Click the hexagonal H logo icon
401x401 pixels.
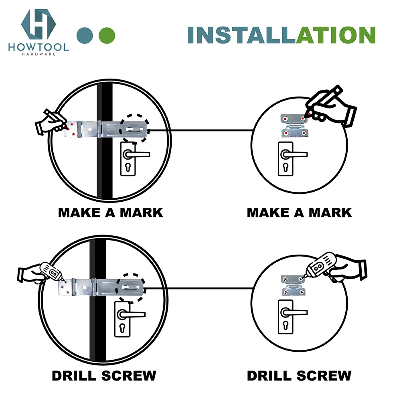pyautogui.click(x=38, y=24)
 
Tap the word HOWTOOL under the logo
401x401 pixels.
pyautogui.click(x=38, y=47)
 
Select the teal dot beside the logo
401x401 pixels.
pyautogui.click(x=85, y=35)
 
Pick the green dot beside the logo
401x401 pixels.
pyautogui.click(x=107, y=35)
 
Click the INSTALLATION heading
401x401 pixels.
pyautogui.click(x=282, y=35)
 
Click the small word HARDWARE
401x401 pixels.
pyautogui.click(x=38, y=54)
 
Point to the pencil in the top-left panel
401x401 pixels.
pyautogui.click(x=55, y=119)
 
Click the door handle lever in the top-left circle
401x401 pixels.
pyautogui.click(x=136, y=154)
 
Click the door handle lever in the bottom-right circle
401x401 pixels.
pyautogui.click(x=294, y=312)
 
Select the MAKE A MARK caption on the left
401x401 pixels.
pyautogui.click(x=111, y=213)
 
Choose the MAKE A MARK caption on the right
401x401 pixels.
pyautogui.click(x=299, y=213)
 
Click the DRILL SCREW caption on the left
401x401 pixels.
pyautogui.click(x=104, y=376)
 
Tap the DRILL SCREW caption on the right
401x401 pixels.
pyautogui.click(x=299, y=376)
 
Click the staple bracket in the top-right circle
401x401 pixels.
pyautogui.click(x=294, y=126)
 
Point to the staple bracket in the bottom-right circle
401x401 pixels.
pyautogui.click(x=294, y=285)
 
